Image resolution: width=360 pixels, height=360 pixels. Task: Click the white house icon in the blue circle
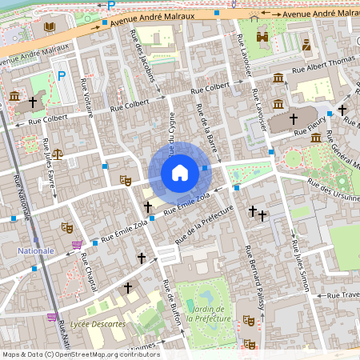180,172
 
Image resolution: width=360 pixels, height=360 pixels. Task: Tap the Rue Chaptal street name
88,272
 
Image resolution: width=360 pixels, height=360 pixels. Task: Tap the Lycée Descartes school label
98,324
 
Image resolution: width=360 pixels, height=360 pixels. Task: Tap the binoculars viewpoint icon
262,36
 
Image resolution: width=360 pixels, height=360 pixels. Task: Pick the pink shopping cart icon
76,244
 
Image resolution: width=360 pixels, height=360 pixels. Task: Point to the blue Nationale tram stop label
35,250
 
